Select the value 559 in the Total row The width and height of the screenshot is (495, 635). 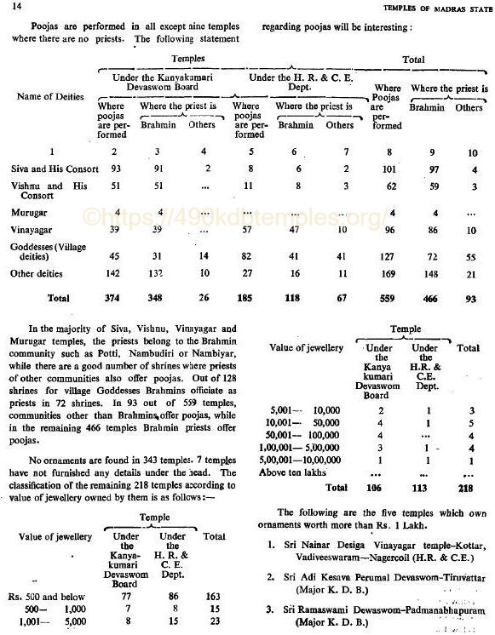click(x=387, y=300)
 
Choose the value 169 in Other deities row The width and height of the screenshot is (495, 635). click(x=387, y=273)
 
